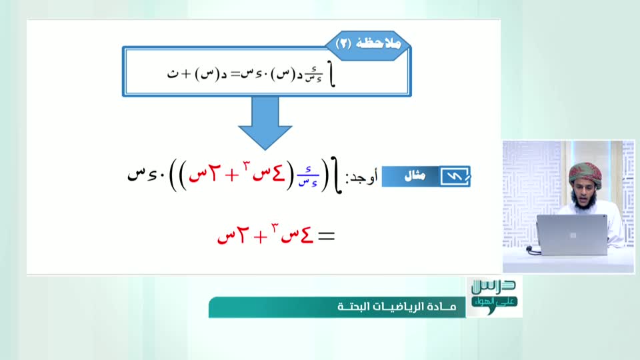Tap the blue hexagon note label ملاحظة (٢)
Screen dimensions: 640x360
click(x=368, y=44)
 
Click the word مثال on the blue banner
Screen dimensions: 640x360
click(x=415, y=176)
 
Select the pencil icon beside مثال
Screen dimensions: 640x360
click(x=455, y=176)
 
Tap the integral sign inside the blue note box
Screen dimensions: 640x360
click(x=332, y=75)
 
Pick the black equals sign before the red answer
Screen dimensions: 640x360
click(x=327, y=236)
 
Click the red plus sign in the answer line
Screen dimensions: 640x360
click(x=260, y=237)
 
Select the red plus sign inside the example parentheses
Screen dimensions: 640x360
click(x=231, y=175)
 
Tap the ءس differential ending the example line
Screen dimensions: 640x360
click(x=142, y=175)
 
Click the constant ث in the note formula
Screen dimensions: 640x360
click(x=173, y=74)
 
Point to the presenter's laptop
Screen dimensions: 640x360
click(x=571, y=235)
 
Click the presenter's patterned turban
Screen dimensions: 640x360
click(x=585, y=174)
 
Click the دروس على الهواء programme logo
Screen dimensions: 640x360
click(x=494, y=296)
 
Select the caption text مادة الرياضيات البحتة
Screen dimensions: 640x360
click(x=397, y=307)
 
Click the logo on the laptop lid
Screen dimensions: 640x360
click(x=573, y=235)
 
